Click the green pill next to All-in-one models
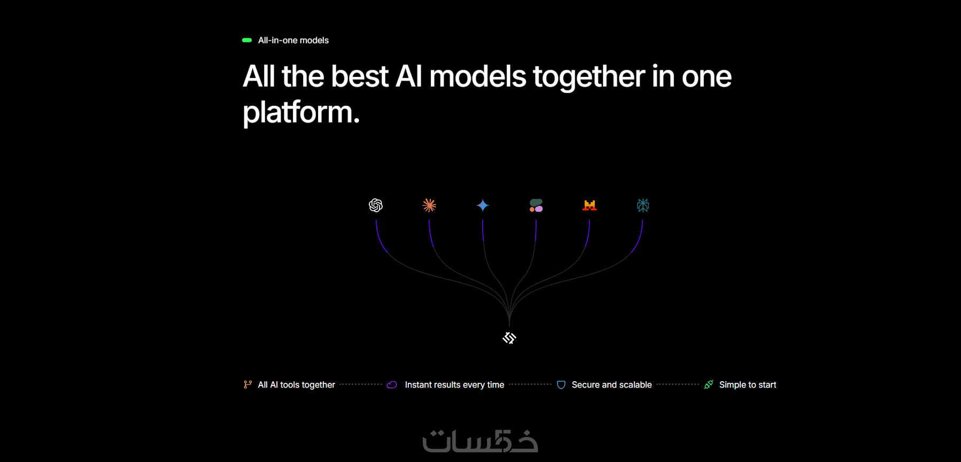(247, 40)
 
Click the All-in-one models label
(293, 40)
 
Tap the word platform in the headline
(301, 113)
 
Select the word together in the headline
(589, 76)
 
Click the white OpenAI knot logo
(376, 205)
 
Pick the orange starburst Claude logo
(429, 205)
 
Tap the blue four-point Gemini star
(483, 205)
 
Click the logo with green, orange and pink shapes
(536, 205)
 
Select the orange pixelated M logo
(590, 205)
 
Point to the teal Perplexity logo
(643, 205)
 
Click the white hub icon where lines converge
(509, 338)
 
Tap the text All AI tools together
(297, 384)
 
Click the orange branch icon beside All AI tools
(247, 384)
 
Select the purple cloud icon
(392, 384)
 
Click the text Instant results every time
(454, 384)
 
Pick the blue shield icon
(561, 385)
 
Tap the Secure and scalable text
(611, 384)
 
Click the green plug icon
(709, 384)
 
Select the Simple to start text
(748, 384)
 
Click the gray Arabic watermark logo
(480, 441)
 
